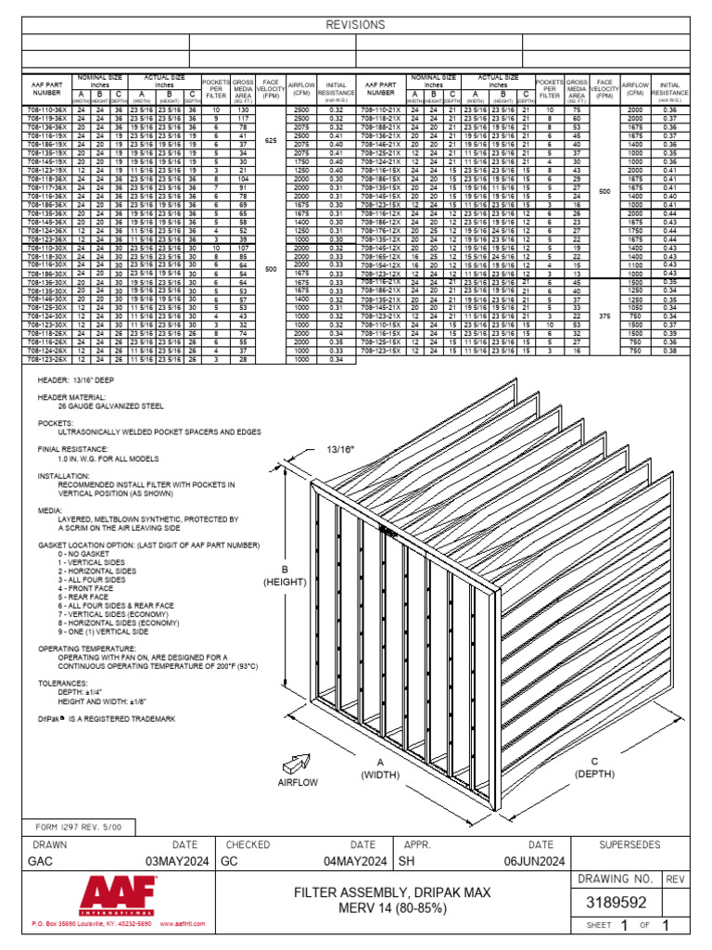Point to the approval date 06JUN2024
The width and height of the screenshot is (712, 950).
coord(534,861)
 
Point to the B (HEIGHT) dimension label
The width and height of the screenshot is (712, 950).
coord(285,576)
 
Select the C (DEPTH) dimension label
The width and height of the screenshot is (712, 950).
coord(595,766)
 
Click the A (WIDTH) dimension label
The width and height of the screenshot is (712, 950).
coord(379,766)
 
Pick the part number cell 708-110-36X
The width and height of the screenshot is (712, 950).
coord(44,109)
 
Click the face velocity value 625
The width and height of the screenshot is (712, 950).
coord(271,140)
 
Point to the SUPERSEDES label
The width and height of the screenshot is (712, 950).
coord(629,845)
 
